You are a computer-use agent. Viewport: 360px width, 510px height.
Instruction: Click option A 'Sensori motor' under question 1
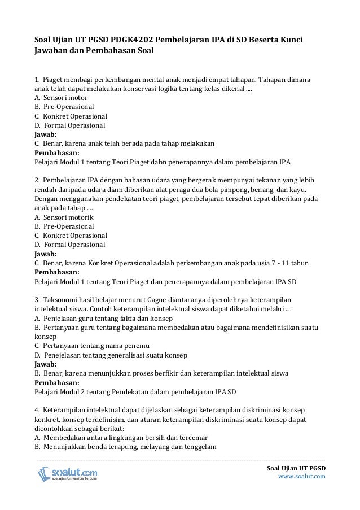click(59, 97)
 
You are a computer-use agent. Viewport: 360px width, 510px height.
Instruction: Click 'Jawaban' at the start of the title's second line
click(51, 53)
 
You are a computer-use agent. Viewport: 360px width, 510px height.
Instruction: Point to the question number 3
click(37, 299)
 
